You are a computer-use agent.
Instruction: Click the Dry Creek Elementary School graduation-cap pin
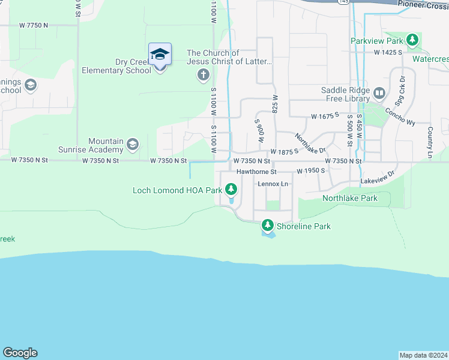tap(160, 55)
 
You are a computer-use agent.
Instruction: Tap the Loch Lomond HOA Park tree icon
tap(231, 190)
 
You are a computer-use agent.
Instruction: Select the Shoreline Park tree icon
tap(267, 226)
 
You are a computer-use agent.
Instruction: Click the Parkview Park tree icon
tap(412, 41)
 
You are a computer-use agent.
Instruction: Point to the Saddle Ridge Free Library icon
tap(379, 93)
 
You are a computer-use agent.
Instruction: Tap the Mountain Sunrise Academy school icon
tap(132, 145)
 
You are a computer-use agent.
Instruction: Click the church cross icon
tap(203, 75)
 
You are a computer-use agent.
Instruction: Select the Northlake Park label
tap(350, 198)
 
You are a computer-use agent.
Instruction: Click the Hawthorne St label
tap(255, 172)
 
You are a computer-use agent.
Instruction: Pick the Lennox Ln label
tap(273, 184)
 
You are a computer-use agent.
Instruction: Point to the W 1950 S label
tap(310, 171)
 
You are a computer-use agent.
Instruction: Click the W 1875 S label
tap(284, 152)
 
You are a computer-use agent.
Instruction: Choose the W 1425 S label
tap(387, 53)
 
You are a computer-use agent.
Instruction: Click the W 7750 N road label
tap(33, 26)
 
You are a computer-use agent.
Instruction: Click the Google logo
tap(20, 353)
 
